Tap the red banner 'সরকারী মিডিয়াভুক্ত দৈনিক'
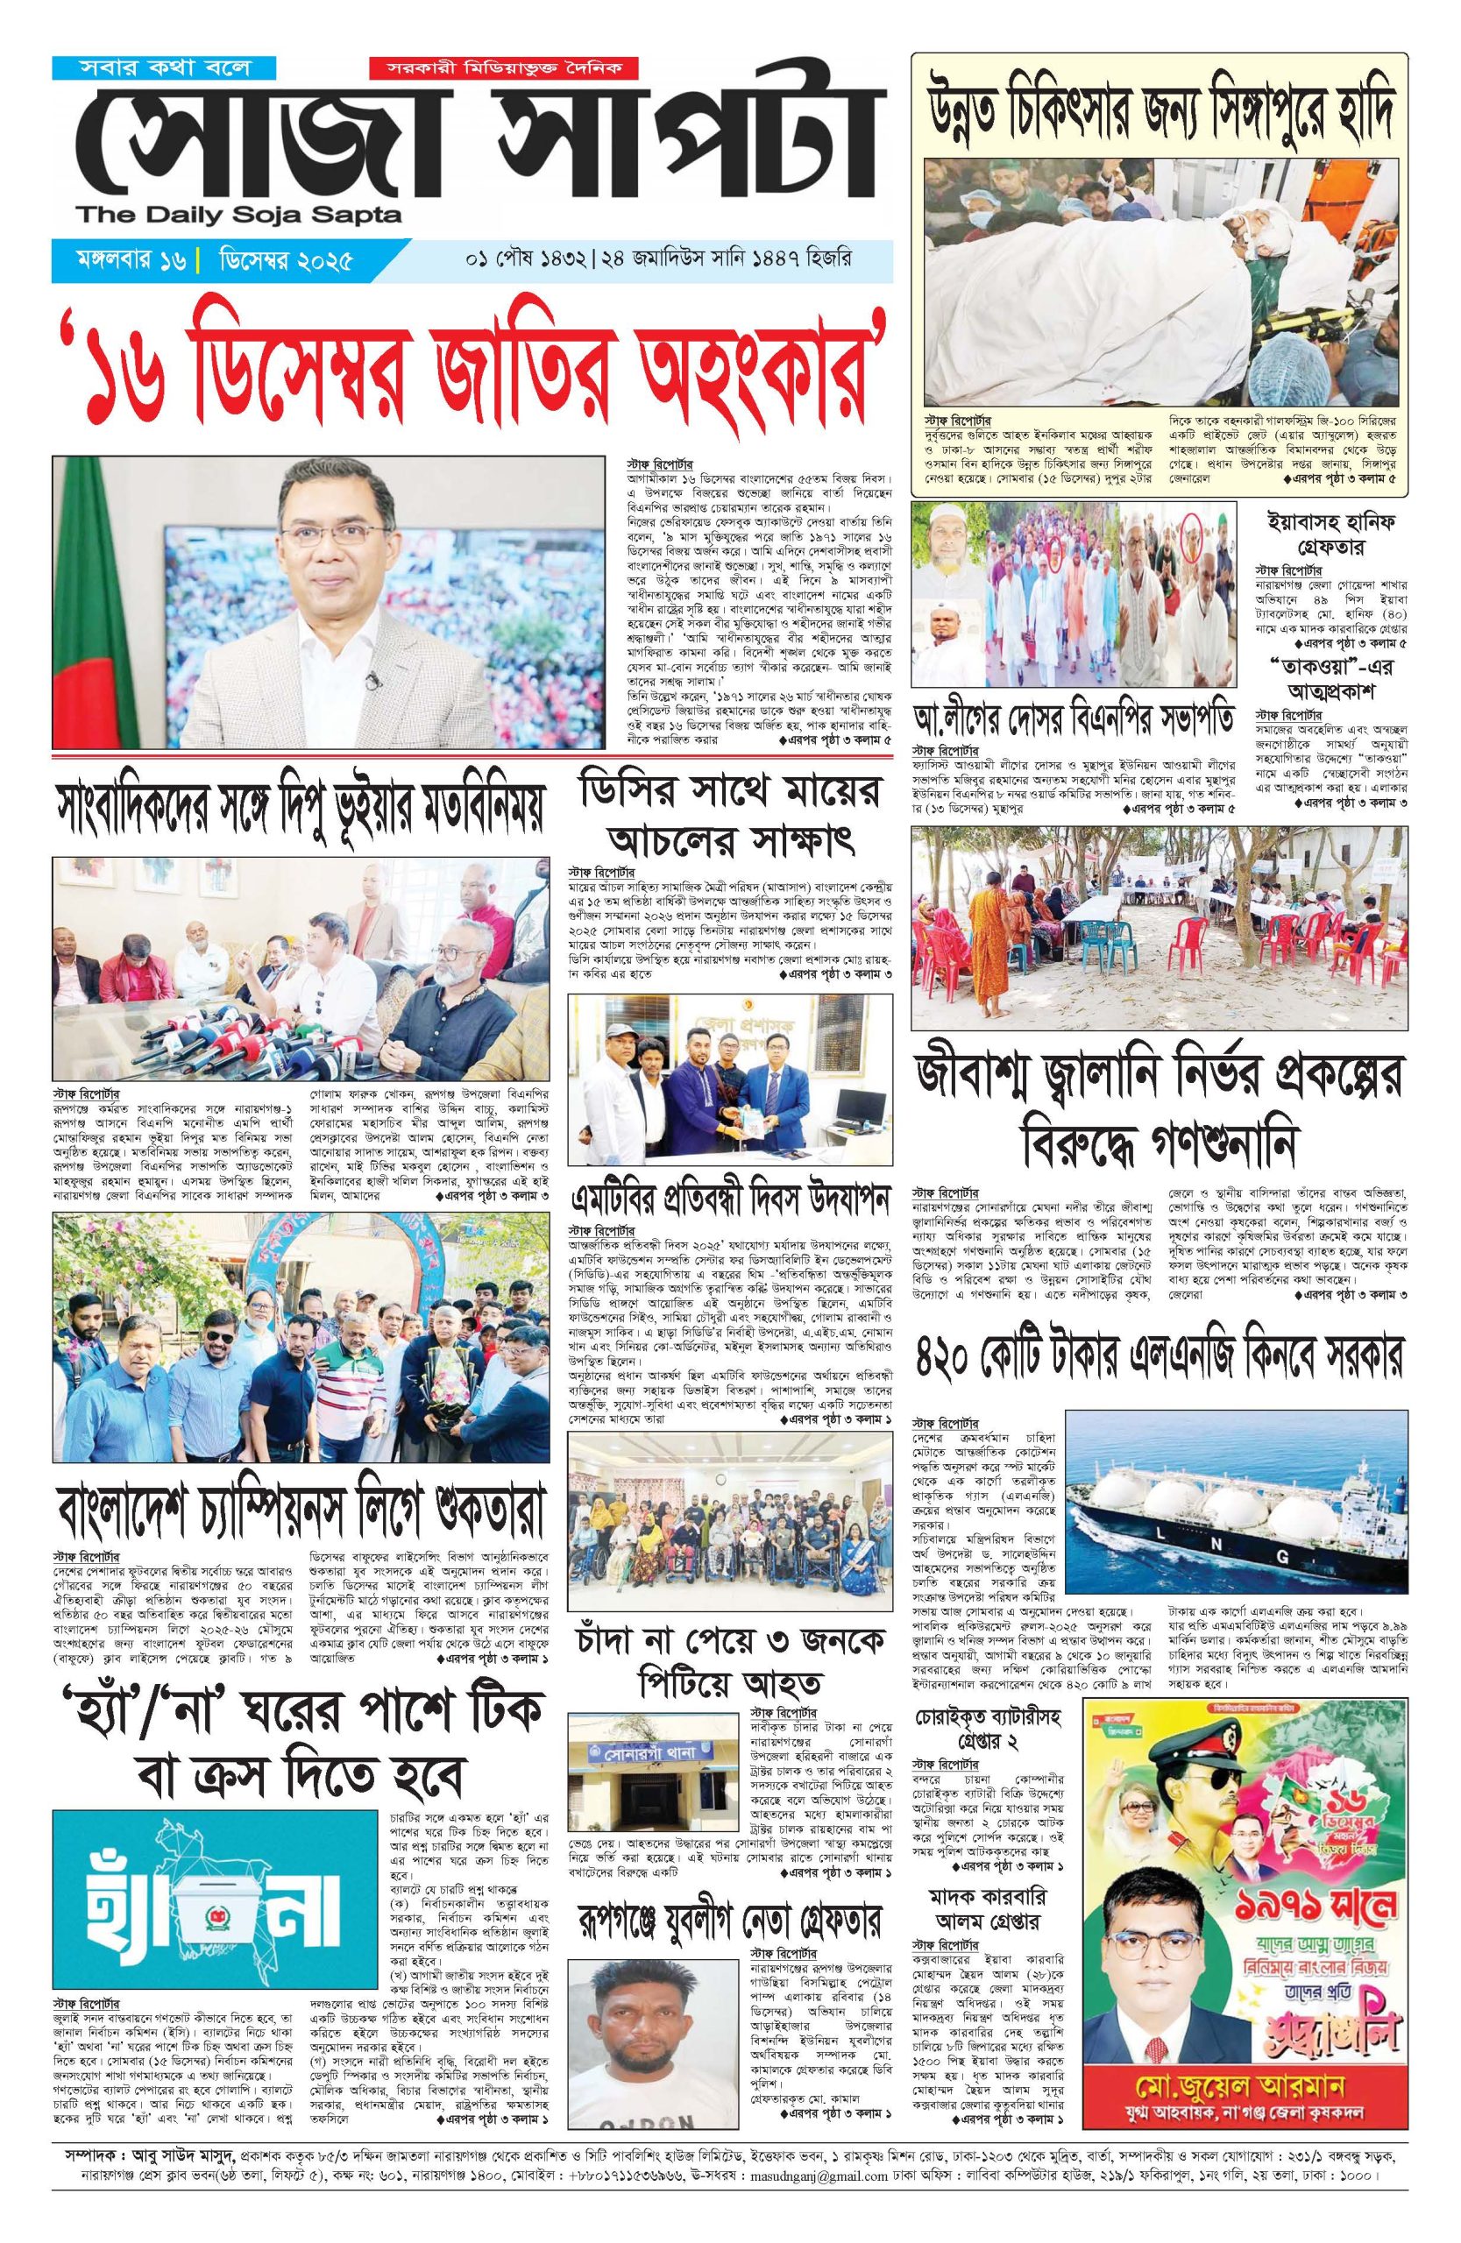(503, 69)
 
